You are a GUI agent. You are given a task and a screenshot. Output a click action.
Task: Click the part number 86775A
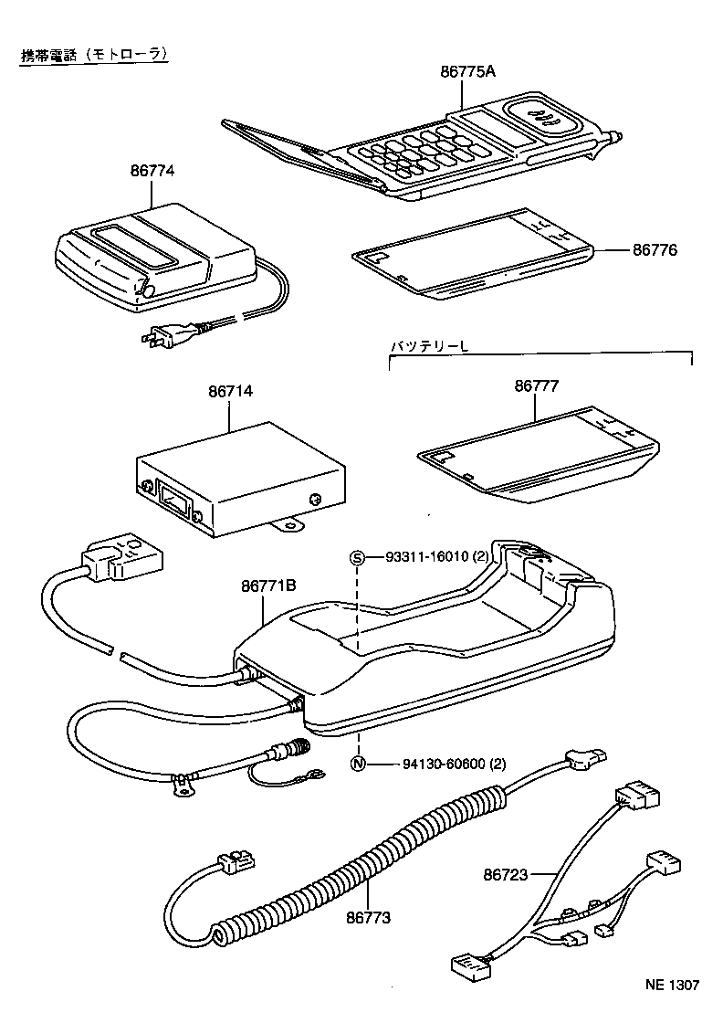(467, 71)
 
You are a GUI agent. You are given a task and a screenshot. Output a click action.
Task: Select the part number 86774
(152, 171)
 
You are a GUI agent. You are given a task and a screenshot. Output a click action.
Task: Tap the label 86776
(655, 250)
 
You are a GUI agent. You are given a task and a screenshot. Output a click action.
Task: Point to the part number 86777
(536, 385)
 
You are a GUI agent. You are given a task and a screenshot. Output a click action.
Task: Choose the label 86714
(230, 392)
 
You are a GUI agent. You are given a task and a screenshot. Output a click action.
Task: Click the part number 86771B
(268, 585)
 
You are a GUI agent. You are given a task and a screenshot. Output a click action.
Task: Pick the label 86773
(368, 918)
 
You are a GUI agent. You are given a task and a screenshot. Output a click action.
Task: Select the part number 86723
(505, 874)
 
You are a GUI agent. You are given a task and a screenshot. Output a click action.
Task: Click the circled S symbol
(357, 557)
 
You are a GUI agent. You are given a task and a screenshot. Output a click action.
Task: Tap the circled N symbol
(357, 764)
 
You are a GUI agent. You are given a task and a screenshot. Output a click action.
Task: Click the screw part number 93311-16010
(427, 557)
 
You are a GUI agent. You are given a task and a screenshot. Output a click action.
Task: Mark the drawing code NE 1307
(672, 985)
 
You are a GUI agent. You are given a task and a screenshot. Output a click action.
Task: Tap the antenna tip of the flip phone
(615, 136)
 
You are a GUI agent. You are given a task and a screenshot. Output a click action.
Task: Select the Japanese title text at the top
(95, 56)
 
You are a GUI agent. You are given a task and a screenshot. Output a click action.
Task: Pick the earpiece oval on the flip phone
(541, 116)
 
